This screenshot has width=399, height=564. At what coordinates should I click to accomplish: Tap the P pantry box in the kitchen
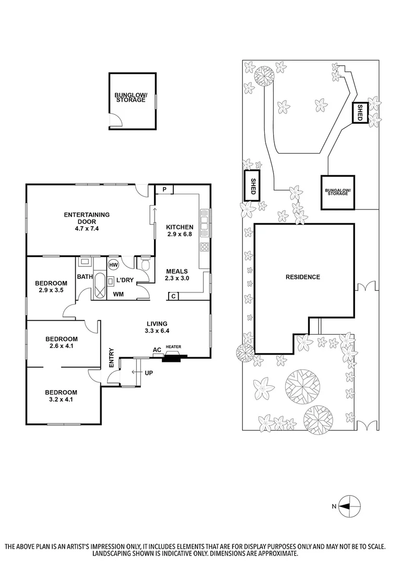click(164, 189)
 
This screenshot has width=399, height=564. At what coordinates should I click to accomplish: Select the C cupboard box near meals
click(173, 297)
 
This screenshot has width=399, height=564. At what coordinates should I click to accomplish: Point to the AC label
click(156, 350)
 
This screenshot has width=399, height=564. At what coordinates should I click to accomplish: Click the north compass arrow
click(346, 506)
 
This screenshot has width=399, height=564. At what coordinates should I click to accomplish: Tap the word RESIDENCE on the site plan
click(303, 277)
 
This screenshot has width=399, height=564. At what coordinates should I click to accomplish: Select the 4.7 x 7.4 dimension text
click(87, 228)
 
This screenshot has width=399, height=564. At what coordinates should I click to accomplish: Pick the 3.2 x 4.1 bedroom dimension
click(61, 399)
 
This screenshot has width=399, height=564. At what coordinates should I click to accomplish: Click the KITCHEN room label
click(180, 227)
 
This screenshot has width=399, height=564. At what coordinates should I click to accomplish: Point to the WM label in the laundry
click(119, 295)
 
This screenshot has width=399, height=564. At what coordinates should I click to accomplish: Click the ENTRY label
click(111, 358)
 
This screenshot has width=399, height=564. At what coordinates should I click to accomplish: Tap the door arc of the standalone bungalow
click(116, 121)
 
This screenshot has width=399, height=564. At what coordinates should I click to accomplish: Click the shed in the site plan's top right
click(359, 113)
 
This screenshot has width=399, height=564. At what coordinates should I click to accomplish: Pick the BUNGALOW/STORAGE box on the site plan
click(337, 192)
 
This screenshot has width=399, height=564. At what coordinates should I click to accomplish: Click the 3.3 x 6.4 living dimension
click(157, 331)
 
